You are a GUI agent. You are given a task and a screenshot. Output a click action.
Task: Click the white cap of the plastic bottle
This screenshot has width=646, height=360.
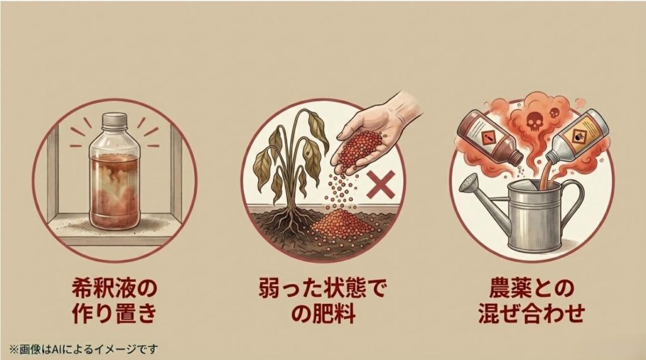(115, 120)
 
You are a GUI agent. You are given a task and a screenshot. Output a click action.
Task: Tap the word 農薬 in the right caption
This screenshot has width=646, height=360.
(507, 289)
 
